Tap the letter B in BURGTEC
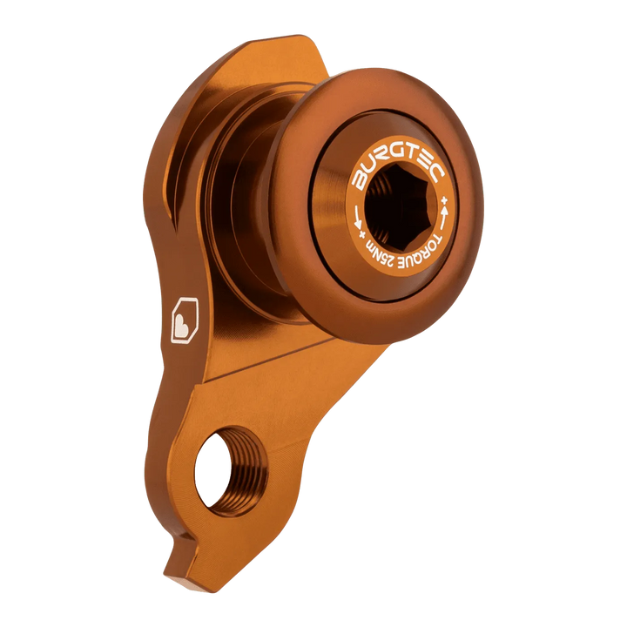coord(359,180)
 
